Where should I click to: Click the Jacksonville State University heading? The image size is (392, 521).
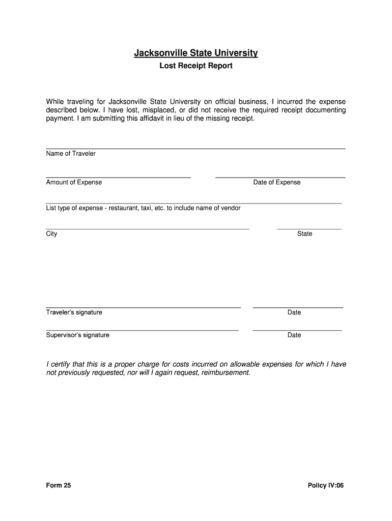(x=196, y=53)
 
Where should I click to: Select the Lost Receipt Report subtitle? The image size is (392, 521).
(x=196, y=66)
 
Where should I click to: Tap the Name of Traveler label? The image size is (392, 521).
(x=71, y=154)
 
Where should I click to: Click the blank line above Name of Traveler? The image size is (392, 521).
(x=195, y=148)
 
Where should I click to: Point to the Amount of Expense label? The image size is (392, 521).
(x=74, y=183)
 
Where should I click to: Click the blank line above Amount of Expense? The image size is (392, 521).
(x=118, y=177)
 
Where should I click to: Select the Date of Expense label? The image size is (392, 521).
(x=277, y=183)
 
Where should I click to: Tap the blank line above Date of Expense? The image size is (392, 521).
(x=280, y=177)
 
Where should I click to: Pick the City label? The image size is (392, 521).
(x=51, y=234)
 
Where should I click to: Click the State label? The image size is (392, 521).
(x=305, y=234)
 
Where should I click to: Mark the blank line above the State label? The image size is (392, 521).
(x=309, y=229)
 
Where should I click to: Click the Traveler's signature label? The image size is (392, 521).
(x=74, y=312)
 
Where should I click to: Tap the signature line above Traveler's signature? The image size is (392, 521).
(x=143, y=307)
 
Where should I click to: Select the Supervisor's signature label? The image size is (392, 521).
(x=78, y=335)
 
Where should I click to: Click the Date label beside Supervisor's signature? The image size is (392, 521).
(x=294, y=335)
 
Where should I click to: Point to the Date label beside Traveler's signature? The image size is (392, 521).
(x=294, y=312)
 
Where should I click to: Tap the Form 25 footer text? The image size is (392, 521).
(x=59, y=486)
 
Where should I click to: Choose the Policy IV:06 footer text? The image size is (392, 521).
(x=326, y=486)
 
